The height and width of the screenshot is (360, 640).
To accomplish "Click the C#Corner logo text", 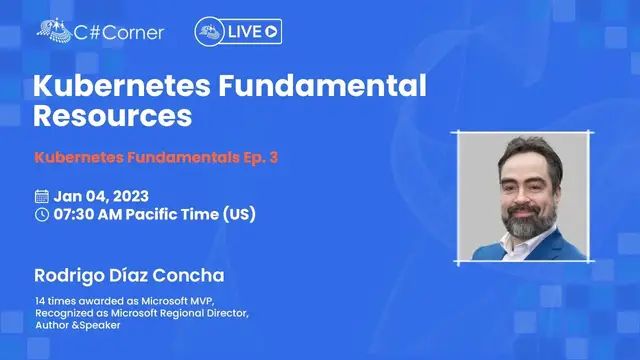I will coord(120,31).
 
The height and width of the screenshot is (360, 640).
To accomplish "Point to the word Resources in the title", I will coord(112,115).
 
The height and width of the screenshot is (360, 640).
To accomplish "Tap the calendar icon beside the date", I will coord(41,196).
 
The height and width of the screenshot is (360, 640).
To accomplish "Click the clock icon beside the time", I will coord(41,214).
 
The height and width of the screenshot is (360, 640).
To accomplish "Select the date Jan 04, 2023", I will coord(103,196).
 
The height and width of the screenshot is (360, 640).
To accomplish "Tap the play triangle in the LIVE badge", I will coord(271,32).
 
